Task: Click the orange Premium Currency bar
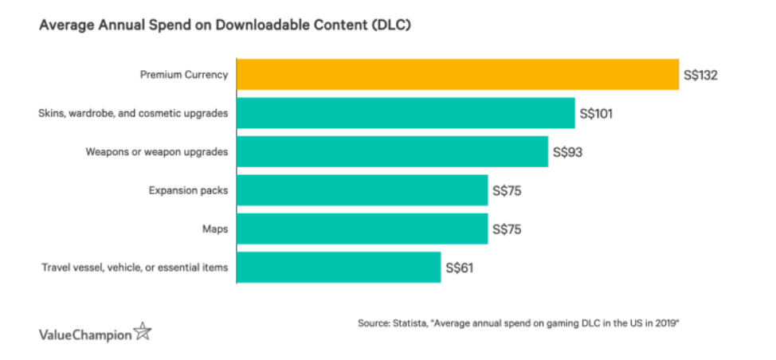click(457, 75)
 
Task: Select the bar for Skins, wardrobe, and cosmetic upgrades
click(406, 113)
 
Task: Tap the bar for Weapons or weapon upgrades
click(392, 151)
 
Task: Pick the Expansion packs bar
click(362, 190)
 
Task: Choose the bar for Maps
click(362, 229)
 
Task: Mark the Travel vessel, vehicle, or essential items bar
click(339, 268)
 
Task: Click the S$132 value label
click(702, 75)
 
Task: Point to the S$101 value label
click(597, 113)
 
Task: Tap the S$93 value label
click(566, 151)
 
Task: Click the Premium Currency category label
click(184, 75)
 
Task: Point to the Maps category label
click(215, 229)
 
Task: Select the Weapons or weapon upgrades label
click(157, 151)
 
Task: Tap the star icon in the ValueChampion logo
click(143, 331)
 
